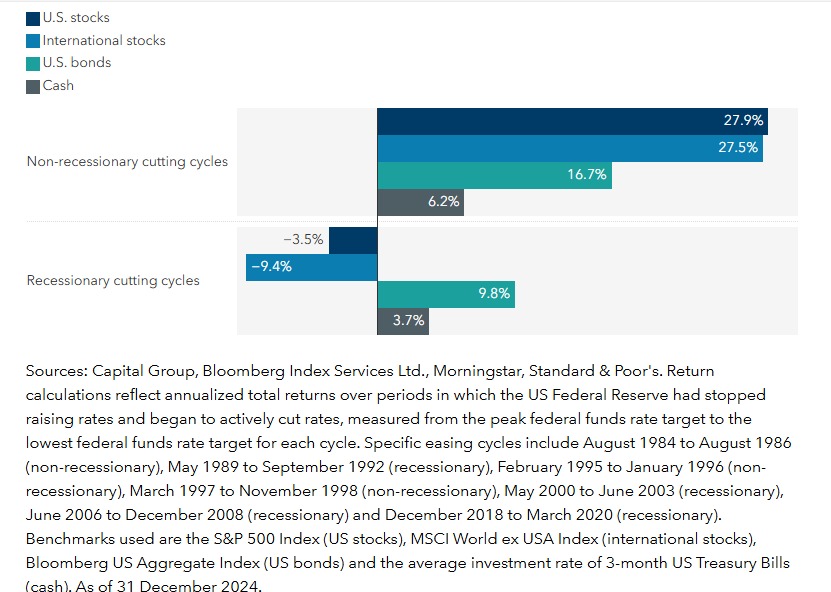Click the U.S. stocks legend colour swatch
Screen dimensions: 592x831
(33, 18)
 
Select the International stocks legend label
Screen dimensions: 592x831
(104, 41)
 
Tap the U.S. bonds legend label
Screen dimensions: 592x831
(77, 63)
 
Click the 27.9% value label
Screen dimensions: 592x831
(743, 120)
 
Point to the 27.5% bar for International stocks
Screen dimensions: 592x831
(560, 147)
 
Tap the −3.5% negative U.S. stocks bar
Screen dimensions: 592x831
(353, 240)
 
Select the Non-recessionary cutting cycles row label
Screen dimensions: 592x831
(127, 161)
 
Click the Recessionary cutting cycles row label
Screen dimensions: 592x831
(113, 281)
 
